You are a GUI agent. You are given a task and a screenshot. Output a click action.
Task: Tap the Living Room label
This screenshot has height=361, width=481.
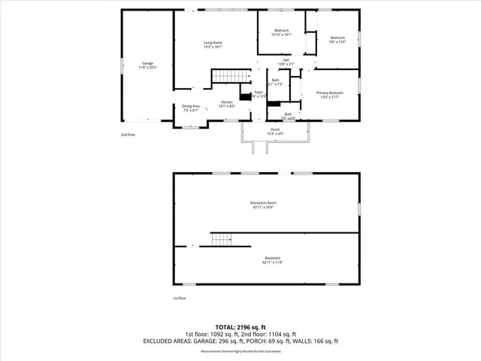213,44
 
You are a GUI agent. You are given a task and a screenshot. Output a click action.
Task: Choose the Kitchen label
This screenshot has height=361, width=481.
227,104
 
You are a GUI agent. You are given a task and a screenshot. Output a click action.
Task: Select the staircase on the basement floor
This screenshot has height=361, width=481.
219,240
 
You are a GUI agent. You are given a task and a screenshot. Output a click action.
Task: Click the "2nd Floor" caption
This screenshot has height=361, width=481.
129,135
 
